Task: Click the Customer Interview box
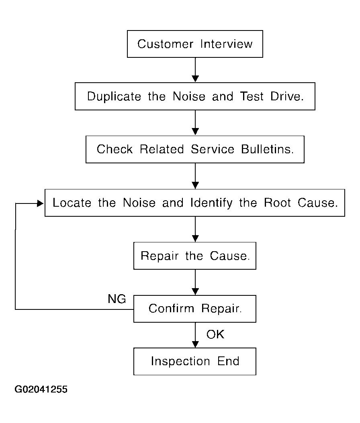(x=195, y=44)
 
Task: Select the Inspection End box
(x=195, y=362)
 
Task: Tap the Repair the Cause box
(x=195, y=256)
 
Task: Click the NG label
(x=117, y=299)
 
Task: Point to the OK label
(x=215, y=335)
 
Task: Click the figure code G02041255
(x=41, y=389)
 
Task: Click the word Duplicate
(x=114, y=97)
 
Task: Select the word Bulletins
(x=267, y=149)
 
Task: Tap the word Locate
(x=72, y=203)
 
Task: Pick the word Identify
(x=211, y=203)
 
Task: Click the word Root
(x=277, y=203)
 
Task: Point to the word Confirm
(x=171, y=308)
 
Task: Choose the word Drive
(x=287, y=96)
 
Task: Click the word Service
(x=213, y=149)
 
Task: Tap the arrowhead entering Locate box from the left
(x=40, y=203)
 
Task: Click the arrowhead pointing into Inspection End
(x=195, y=344)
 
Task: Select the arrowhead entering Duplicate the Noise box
(x=195, y=79)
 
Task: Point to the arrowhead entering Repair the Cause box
(x=195, y=238)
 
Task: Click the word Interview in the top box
(x=226, y=44)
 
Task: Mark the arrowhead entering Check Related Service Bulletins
(x=195, y=132)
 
